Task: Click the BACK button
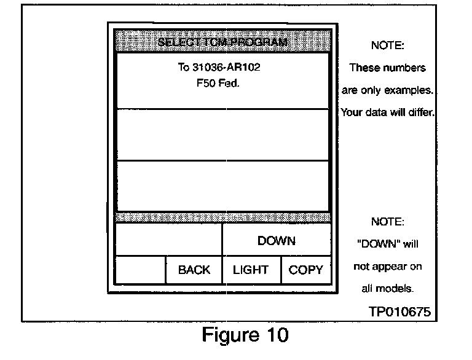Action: point(194,270)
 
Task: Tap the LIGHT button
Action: point(251,270)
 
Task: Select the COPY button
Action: point(305,270)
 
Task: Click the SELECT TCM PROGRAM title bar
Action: point(222,42)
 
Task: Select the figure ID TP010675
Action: point(399,312)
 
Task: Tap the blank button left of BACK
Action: point(141,270)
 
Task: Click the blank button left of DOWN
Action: point(169,240)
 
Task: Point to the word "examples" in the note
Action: point(408,90)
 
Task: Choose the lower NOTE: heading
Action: point(388,221)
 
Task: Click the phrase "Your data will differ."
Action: point(388,113)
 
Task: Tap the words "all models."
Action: point(388,288)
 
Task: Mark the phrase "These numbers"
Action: point(388,68)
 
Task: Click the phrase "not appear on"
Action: point(388,267)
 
